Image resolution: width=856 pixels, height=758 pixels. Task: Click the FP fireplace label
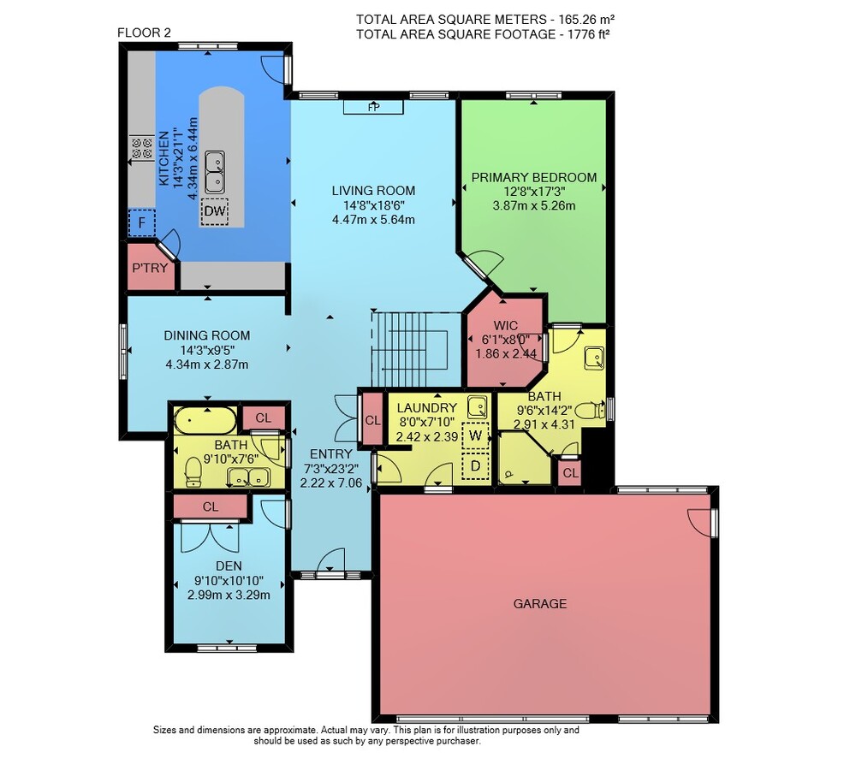point(373,107)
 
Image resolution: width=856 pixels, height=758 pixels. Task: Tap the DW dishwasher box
point(215,211)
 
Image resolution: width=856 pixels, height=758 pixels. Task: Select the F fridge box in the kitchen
point(142,223)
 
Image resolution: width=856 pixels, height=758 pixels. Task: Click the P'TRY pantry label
point(150,268)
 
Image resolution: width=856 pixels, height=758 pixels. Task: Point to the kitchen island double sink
point(215,172)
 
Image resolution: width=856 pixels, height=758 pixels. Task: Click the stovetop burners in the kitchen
point(141,148)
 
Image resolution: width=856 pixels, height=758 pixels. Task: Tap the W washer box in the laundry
point(475,435)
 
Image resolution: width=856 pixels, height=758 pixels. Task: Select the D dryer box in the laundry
point(475,466)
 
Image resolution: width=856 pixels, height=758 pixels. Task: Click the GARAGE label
point(540,603)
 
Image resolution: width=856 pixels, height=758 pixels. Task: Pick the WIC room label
point(505,326)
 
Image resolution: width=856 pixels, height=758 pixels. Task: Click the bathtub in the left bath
point(205,421)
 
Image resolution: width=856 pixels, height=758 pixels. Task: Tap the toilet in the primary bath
point(590,409)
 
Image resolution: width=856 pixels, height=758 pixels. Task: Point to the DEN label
point(229,566)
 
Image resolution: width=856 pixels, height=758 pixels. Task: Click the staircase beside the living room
point(409,349)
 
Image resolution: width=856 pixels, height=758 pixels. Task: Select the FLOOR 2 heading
point(144,33)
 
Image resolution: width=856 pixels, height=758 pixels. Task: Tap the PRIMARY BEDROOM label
point(534,177)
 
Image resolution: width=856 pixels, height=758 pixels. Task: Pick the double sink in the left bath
point(248,477)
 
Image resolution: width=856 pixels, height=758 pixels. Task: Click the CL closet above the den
point(211,507)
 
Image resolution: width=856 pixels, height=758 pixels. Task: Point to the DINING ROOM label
point(207,335)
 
